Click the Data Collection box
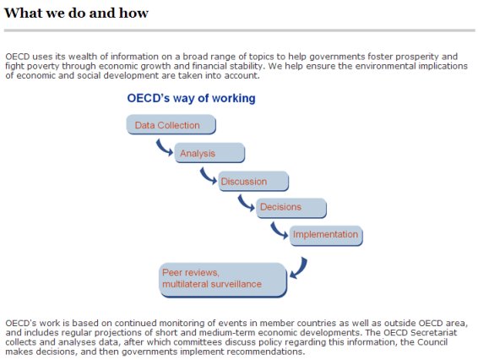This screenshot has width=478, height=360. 171,124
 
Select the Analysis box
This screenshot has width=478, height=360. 209,153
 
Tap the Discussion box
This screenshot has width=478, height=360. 253,181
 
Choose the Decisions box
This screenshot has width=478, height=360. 291,208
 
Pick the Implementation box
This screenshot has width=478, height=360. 326,236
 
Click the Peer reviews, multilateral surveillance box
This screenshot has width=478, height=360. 223,280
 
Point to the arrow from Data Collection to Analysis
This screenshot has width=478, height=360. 163,149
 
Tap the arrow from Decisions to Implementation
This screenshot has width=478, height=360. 278,232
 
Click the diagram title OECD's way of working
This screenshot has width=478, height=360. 191,98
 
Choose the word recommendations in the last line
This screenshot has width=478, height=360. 265,352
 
